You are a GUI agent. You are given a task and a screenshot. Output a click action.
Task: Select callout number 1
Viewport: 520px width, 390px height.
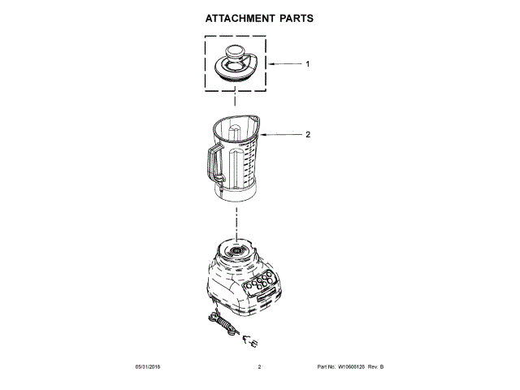308,63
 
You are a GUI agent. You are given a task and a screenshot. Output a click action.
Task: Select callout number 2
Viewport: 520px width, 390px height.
308,135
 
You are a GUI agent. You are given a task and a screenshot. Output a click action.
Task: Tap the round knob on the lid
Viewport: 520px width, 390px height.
235,53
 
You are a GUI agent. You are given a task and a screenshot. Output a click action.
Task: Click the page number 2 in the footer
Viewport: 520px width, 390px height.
259,367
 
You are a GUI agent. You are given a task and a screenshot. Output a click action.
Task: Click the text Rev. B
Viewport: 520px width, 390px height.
375,367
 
